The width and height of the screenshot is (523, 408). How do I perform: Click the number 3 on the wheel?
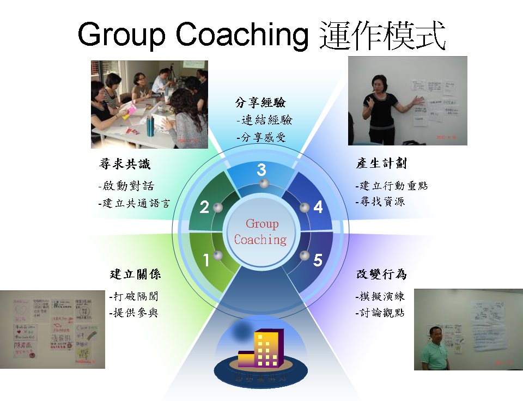[261, 170]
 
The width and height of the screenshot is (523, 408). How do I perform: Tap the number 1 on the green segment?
[206, 261]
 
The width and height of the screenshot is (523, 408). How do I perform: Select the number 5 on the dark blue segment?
[318, 260]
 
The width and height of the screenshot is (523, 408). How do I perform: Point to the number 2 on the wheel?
[204, 207]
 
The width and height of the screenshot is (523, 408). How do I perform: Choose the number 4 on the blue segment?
[318, 207]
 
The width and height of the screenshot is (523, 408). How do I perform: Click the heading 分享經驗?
[260, 102]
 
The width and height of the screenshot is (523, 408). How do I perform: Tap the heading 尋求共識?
[125, 164]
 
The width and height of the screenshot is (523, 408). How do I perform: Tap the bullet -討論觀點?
[380, 313]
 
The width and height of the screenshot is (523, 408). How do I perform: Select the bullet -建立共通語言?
[134, 204]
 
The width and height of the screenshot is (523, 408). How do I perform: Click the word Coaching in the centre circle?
[260, 240]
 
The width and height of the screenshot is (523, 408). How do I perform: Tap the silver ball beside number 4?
[305, 207]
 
